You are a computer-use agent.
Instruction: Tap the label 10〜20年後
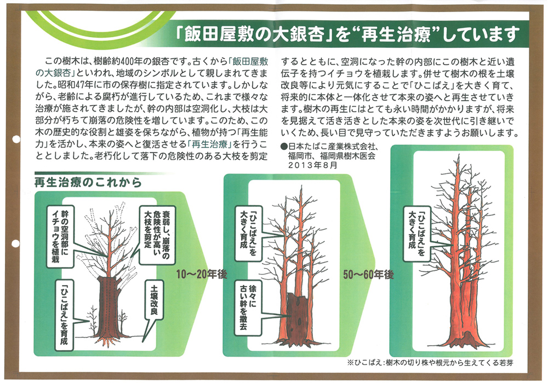click(201, 274)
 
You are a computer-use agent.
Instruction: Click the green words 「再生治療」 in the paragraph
click(209, 144)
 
